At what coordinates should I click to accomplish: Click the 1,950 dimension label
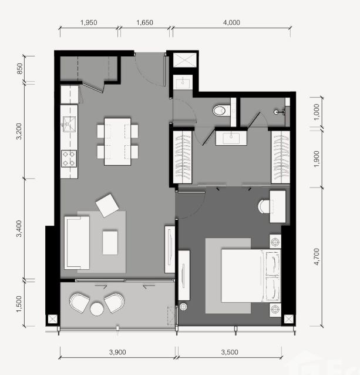click(89, 22)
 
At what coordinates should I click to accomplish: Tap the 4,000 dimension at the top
click(231, 22)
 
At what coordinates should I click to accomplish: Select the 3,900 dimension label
click(117, 352)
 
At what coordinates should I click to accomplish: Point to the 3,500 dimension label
click(229, 352)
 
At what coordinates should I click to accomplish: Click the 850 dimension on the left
click(20, 68)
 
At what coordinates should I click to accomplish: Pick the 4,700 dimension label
click(317, 257)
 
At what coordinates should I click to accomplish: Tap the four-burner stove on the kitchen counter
click(69, 159)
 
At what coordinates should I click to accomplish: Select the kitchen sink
click(69, 124)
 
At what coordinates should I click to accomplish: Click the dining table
click(117, 141)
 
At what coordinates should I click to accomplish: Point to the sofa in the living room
click(77, 243)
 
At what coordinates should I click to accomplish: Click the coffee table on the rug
click(110, 243)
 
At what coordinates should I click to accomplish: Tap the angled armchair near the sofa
click(107, 206)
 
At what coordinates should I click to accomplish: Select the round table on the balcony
click(97, 309)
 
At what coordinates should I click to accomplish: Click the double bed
click(251, 276)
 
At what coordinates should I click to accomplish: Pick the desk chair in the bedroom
click(264, 206)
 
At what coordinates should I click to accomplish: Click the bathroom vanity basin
click(231, 138)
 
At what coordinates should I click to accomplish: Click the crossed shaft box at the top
click(184, 60)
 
